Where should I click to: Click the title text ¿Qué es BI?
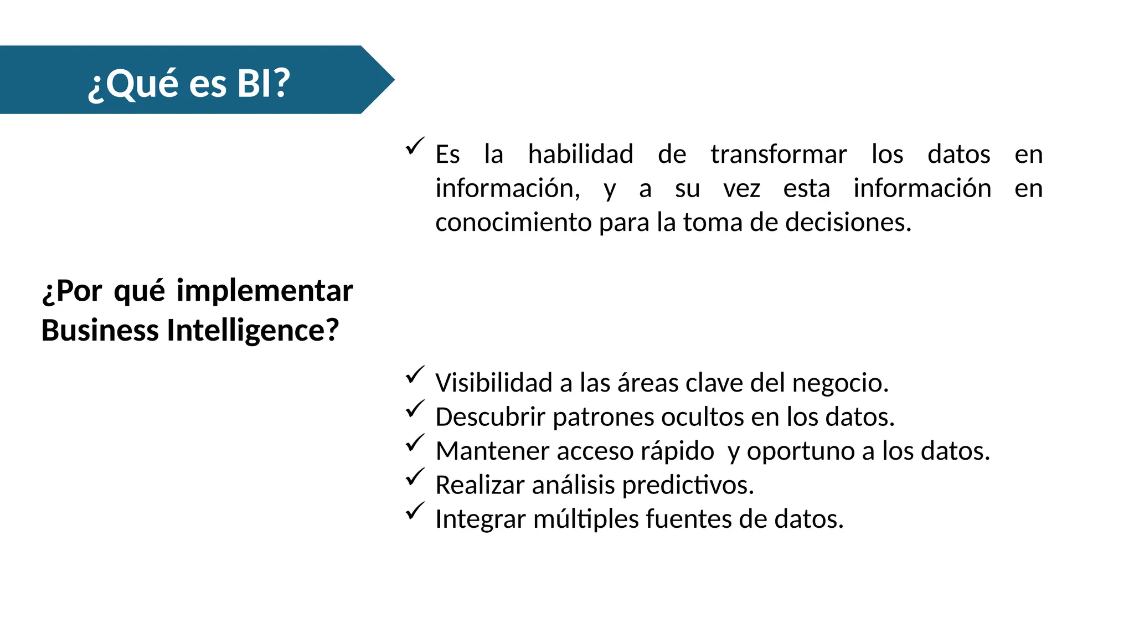[x=189, y=83]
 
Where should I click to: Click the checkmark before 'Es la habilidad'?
[x=415, y=146]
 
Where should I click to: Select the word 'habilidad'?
[x=580, y=154]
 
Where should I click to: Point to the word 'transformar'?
[x=779, y=154]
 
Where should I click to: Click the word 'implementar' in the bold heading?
[x=264, y=291]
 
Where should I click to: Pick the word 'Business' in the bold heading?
[x=100, y=330]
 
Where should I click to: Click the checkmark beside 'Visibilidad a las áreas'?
[x=415, y=375]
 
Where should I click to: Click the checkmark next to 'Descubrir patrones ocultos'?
[x=415, y=409]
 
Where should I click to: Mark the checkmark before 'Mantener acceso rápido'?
[x=415, y=443]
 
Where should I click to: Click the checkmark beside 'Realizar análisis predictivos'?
[x=415, y=477]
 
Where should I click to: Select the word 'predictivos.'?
[x=688, y=485]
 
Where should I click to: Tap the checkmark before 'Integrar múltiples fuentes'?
[x=415, y=511]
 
